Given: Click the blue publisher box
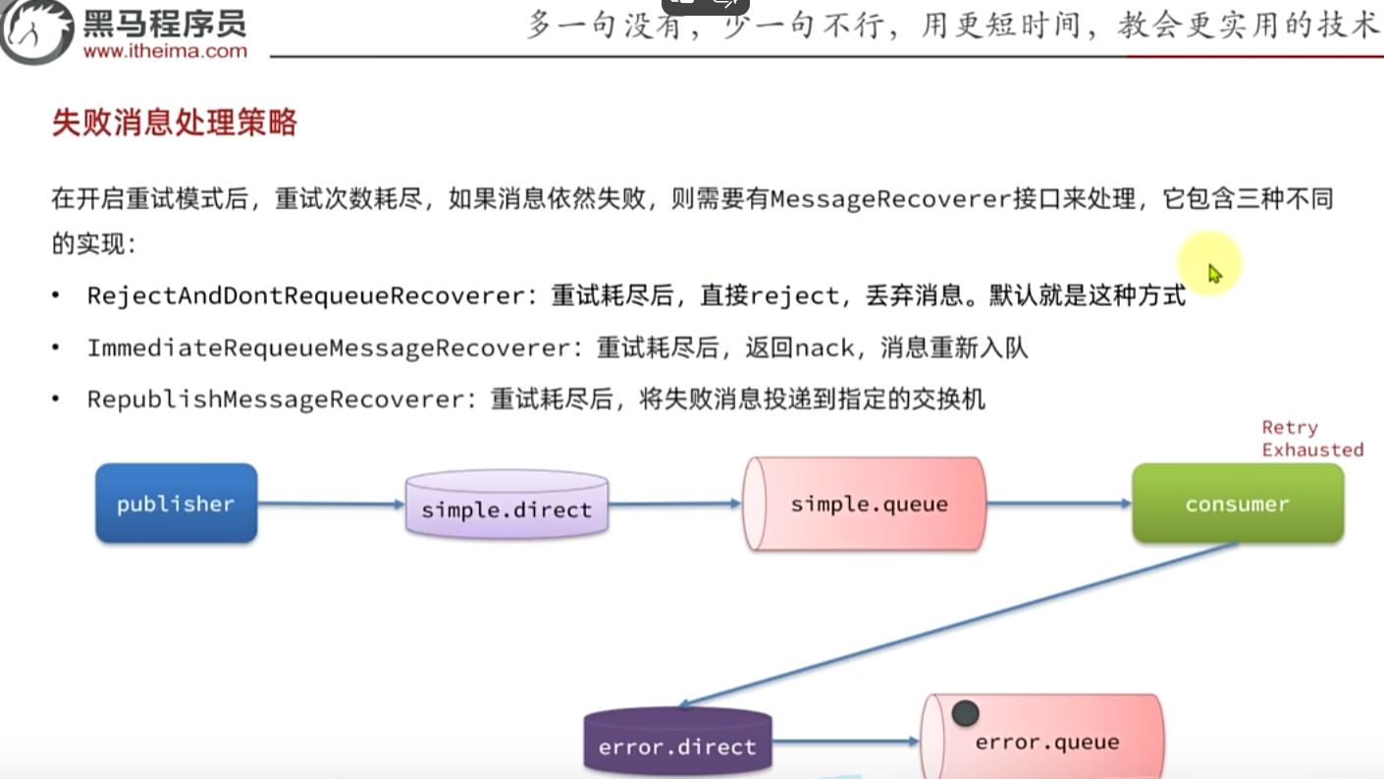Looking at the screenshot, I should click(176, 503).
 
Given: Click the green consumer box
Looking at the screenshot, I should click(1237, 504).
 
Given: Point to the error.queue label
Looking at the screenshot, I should click(1046, 742).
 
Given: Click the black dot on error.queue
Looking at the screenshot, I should click(964, 714).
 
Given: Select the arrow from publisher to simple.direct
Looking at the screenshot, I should click(331, 504).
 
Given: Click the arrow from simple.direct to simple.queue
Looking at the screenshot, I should click(674, 504).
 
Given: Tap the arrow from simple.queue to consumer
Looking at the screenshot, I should click(1058, 504).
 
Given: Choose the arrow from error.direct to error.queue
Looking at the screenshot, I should click(845, 742).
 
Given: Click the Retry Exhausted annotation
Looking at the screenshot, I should click(1311, 439).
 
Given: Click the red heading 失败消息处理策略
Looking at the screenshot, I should click(174, 124).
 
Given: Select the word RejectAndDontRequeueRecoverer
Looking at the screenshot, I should click(305, 295).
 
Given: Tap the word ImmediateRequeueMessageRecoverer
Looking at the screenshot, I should click(328, 347).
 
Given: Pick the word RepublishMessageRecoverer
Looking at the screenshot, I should click(275, 399).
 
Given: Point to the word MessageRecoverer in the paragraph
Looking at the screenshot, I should click(891, 199).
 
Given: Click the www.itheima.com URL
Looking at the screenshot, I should click(165, 51).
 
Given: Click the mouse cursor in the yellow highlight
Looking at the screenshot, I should click(1214, 273).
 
